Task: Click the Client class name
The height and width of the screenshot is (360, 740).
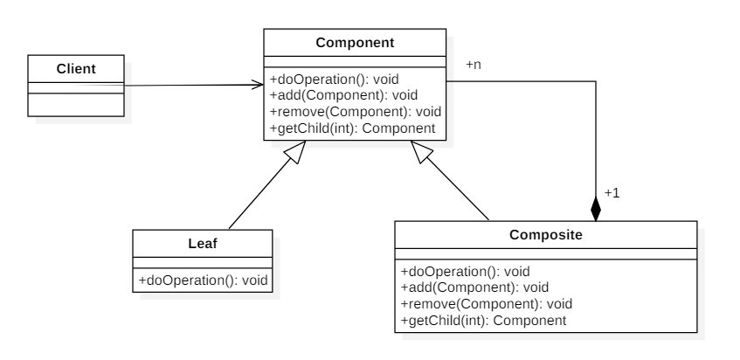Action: tap(76, 69)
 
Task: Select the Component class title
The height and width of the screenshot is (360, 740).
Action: tap(355, 43)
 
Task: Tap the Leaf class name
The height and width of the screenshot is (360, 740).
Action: tap(203, 244)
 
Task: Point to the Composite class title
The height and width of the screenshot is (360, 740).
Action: tap(546, 235)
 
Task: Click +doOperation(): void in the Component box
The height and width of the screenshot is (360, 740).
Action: tap(334, 80)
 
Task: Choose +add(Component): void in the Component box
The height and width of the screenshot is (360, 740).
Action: tap(343, 95)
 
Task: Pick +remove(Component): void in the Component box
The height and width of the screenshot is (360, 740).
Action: tap(356, 112)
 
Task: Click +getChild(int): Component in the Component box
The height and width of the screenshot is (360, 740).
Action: tap(353, 128)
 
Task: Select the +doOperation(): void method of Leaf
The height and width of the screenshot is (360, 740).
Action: tap(203, 280)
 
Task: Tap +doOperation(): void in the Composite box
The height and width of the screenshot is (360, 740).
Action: tap(466, 272)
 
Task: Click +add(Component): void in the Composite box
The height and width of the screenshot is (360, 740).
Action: tap(474, 287)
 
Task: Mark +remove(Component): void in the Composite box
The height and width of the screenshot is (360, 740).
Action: tap(487, 304)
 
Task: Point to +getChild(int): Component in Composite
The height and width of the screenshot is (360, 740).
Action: tap(484, 321)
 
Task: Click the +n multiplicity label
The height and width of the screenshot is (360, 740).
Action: tap(474, 65)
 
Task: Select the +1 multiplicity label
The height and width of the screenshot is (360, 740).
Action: tap(612, 193)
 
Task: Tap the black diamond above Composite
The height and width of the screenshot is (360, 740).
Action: tap(596, 209)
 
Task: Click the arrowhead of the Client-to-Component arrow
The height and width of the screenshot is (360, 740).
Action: tap(258, 85)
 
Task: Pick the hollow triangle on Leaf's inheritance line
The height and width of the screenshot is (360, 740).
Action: tap(296, 151)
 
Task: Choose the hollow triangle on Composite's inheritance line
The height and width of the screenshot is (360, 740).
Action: tap(421, 151)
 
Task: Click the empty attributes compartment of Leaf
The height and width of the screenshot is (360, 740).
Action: tap(203, 263)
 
